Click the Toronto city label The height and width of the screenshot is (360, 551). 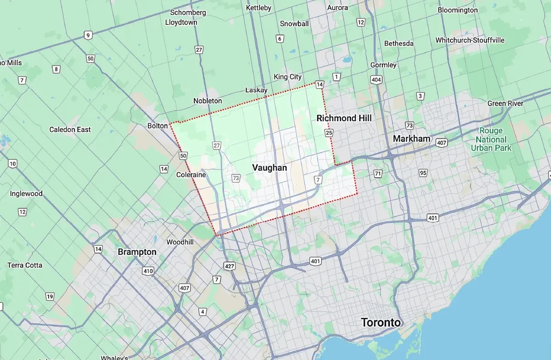point(381,322)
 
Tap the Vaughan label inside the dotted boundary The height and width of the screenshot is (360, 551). point(270,168)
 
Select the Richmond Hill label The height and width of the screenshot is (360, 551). point(344,118)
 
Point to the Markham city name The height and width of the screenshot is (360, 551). point(411,139)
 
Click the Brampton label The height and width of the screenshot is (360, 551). point(137,252)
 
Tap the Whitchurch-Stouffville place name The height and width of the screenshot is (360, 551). point(470,40)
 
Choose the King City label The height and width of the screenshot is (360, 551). point(287,77)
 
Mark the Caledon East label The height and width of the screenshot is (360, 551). point(70,129)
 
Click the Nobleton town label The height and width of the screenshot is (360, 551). point(208,101)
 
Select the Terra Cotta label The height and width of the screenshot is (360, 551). point(25,265)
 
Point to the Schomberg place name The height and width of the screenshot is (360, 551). point(188,12)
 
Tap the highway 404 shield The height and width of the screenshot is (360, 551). point(376,80)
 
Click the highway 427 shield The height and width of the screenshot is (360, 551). point(229,266)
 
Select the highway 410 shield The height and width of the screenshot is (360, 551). point(148,271)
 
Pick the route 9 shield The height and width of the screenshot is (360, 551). point(88,35)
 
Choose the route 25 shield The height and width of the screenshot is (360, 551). point(328,133)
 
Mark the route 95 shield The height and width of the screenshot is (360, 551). point(423,173)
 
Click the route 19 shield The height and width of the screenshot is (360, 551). point(50,296)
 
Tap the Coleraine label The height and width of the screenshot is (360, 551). point(191,175)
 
